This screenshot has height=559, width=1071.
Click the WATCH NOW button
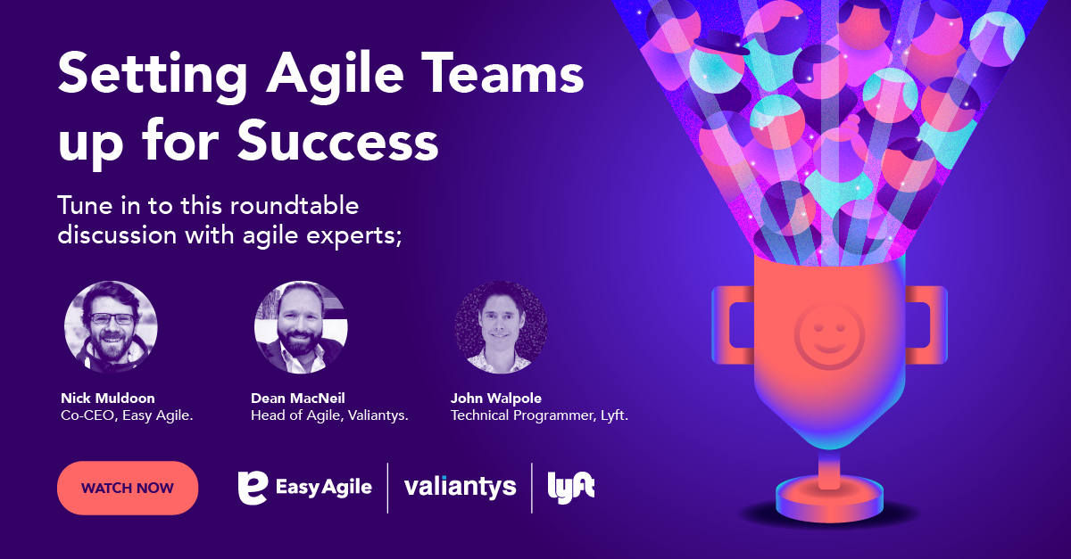tap(127, 488)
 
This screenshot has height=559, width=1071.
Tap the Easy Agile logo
tap(304, 487)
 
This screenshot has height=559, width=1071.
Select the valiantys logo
tap(460, 487)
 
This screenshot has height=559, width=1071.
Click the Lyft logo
tap(571, 487)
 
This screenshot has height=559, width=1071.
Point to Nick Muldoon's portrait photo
tap(111, 327)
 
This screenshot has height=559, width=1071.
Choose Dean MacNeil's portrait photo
tap(301, 327)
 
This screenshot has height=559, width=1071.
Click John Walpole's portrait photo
tap(501, 327)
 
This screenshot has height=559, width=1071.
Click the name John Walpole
tap(496, 398)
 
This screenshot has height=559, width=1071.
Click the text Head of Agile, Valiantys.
tap(329, 415)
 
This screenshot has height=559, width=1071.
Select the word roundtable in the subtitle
tap(295, 206)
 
